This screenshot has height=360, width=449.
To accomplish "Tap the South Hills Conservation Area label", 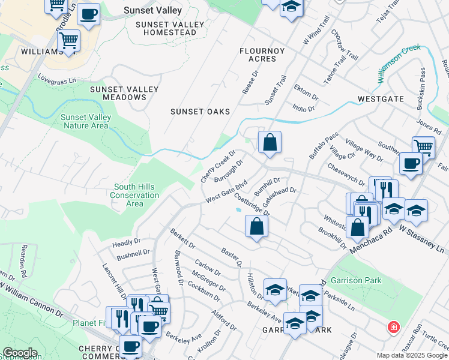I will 136,195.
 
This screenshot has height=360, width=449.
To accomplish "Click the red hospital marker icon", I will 393,328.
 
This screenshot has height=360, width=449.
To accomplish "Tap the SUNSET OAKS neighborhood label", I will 200,112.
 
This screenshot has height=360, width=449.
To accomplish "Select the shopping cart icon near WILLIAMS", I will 69,41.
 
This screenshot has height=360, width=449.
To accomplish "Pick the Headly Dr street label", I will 126,242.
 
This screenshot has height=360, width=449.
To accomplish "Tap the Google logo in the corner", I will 20,353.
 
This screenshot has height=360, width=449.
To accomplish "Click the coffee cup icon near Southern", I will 411,163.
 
